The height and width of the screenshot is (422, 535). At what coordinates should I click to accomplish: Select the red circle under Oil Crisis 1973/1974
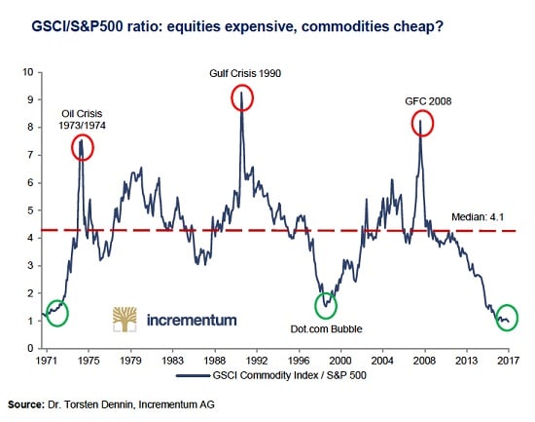click(83, 147)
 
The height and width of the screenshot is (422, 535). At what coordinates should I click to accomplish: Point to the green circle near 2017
click(504, 318)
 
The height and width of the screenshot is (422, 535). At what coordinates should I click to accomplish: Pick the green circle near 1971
click(56, 313)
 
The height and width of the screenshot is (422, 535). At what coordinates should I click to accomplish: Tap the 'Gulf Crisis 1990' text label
click(244, 73)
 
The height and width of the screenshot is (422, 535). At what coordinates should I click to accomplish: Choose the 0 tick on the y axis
click(28, 348)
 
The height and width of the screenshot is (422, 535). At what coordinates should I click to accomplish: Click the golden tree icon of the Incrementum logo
click(126, 319)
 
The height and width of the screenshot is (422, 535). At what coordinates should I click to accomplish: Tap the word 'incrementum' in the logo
click(191, 319)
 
